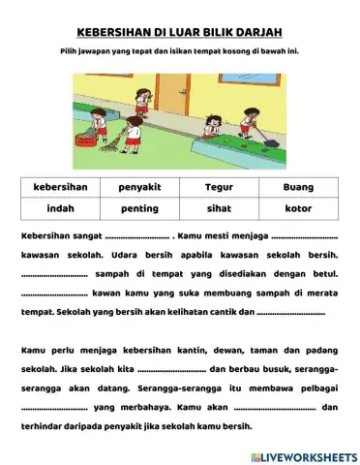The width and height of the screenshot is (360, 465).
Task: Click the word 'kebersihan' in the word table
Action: pyautogui.click(x=61, y=187)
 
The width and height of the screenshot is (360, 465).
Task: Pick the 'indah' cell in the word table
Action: pyautogui.click(x=61, y=208)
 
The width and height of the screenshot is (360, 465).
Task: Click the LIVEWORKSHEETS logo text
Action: pyautogui.click(x=309, y=454)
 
